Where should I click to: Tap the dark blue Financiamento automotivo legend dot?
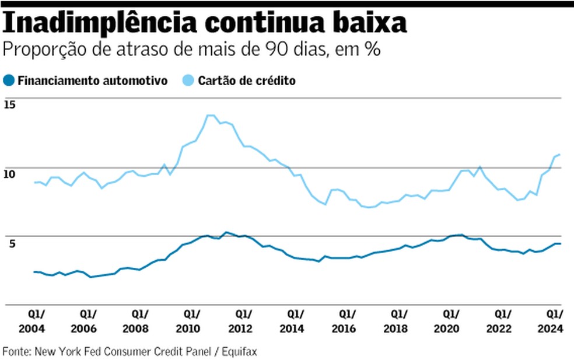(9, 81)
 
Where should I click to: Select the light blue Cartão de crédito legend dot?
(190, 81)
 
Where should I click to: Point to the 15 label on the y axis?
(9, 105)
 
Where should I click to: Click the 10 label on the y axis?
(9, 174)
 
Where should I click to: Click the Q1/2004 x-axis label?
(35, 321)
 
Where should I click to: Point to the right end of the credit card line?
(560, 155)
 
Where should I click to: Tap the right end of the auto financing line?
(560, 243)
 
